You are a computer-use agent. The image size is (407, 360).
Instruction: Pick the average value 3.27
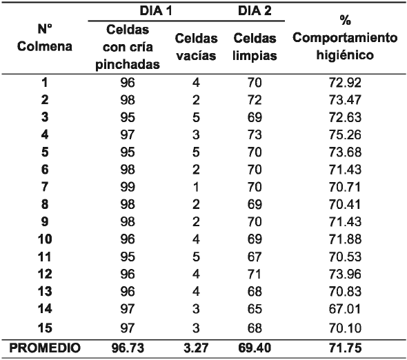pyautogui.click(x=196, y=350)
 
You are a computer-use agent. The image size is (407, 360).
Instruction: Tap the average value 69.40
pyautogui.click(x=256, y=350)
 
